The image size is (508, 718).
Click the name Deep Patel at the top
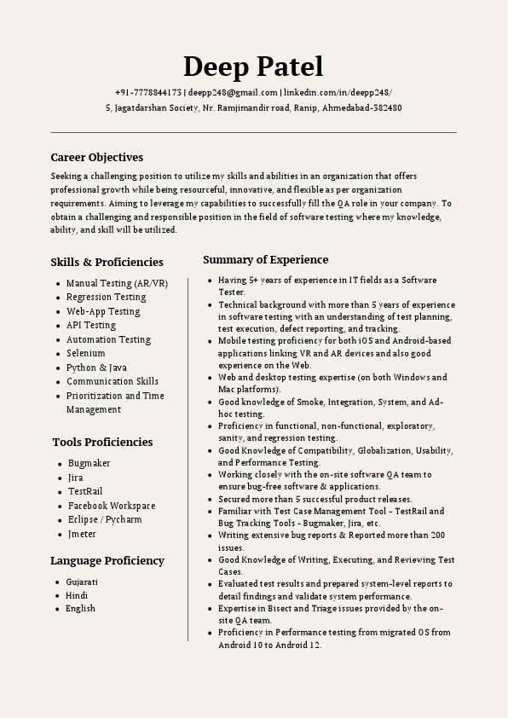[x=253, y=67]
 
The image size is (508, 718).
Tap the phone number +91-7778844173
[x=148, y=92]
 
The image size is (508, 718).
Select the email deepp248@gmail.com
[x=234, y=92]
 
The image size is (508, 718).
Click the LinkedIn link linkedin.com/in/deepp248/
[x=338, y=92]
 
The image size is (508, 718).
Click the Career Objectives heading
[x=96, y=157]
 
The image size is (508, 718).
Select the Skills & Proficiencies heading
[x=107, y=262]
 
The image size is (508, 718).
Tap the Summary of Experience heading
[x=265, y=259]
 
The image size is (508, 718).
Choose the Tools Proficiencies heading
[x=102, y=442]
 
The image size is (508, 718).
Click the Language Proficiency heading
[x=107, y=560]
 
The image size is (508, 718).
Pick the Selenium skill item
[x=85, y=353]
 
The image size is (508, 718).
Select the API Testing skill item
[x=90, y=325]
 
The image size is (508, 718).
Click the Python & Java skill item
[x=96, y=368]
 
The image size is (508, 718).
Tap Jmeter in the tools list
[x=82, y=535]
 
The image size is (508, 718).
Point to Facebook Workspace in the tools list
[x=112, y=506]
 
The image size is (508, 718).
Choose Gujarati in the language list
[x=82, y=582]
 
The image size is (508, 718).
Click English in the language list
[x=80, y=609]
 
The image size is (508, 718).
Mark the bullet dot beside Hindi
[x=56, y=595]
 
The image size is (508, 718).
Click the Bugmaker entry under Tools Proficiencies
[x=89, y=463]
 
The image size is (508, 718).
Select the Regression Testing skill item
[x=106, y=297]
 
